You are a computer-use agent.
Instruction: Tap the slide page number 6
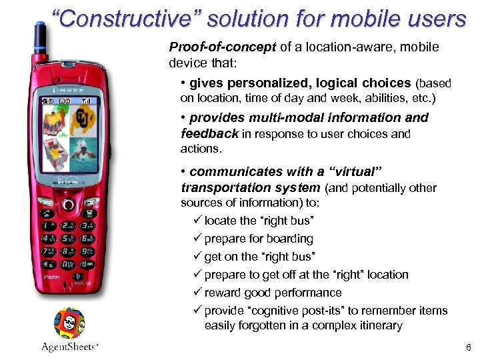pyautogui.click(x=468, y=347)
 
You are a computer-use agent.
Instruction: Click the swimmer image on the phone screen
pyautogui.click(x=85, y=151)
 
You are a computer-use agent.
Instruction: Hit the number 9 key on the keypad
pyautogui.click(x=88, y=252)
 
